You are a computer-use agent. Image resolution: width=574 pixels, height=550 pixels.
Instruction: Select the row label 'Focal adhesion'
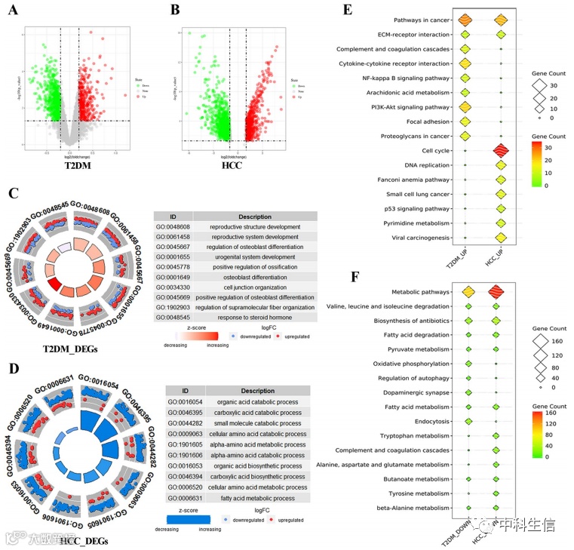pos(428,121)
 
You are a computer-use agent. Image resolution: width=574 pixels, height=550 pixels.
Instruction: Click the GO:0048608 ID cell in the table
pos(173,226)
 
